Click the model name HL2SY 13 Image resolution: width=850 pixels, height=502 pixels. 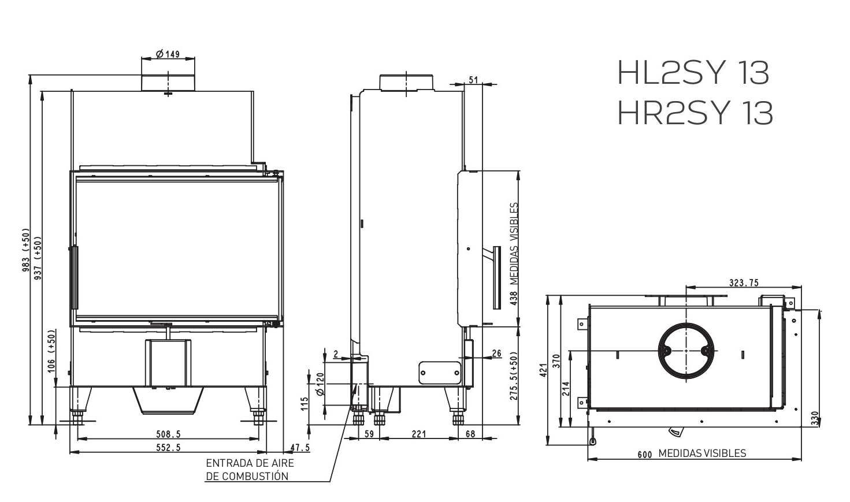click(x=693, y=73)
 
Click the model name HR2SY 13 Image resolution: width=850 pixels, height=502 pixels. click(x=695, y=113)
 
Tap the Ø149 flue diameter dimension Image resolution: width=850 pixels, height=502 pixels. click(x=168, y=54)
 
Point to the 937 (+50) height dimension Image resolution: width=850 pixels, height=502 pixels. click(x=38, y=258)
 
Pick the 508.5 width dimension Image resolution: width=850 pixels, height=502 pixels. click(x=168, y=434)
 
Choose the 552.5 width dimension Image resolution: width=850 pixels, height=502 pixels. click(x=168, y=447)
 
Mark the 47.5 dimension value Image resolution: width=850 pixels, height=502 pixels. click(x=299, y=447)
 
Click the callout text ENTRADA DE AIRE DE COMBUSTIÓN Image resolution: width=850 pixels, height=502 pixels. click(x=250, y=470)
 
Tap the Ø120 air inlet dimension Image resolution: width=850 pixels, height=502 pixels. click(x=320, y=384)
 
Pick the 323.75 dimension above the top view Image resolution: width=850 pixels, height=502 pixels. click(x=744, y=282)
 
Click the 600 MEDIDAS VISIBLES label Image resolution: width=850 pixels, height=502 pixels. click(x=692, y=453)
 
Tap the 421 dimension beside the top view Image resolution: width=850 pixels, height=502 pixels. click(x=543, y=370)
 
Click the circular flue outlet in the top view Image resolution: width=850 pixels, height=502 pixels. click(x=686, y=351)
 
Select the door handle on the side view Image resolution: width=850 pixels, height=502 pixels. click(x=495, y=278)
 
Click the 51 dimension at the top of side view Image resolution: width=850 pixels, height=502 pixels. click(x=474, y=80)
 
